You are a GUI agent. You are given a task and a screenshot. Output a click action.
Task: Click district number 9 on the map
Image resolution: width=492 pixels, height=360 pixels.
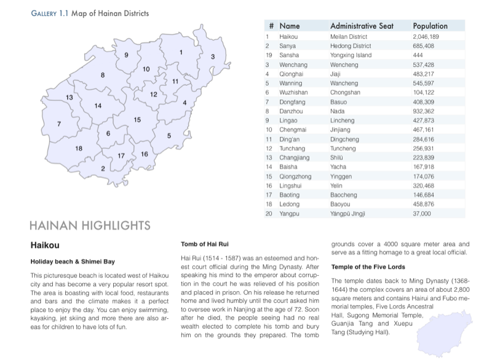[x=126, y=55]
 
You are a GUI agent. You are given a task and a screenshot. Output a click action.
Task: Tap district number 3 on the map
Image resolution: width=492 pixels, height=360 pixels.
[x=213, y=57]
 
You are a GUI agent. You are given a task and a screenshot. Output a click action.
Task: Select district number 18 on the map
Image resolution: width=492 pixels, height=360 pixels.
[x=79, y=148]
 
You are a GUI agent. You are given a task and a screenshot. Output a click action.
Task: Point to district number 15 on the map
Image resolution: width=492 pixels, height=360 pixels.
[x=138, y=119]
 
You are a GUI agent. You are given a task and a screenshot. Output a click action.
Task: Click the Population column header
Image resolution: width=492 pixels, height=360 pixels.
[x=430, y=26]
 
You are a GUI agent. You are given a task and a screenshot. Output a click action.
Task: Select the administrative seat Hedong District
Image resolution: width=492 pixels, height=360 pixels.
[x=351, y=46]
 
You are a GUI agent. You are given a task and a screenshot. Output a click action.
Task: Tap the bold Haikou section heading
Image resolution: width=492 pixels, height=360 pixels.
[x=44, y=245]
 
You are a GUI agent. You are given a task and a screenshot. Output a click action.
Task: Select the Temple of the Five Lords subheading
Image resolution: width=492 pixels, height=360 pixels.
[x=369, y=267]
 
